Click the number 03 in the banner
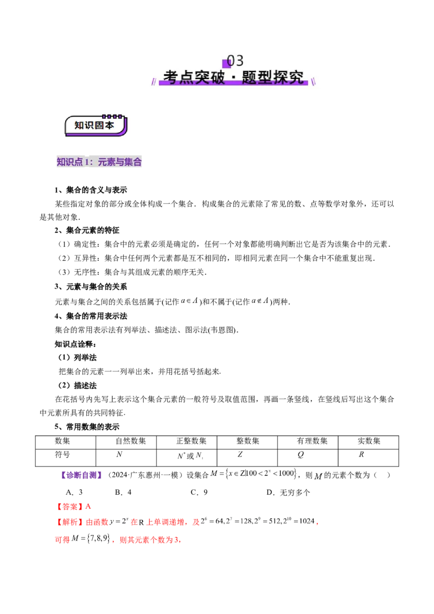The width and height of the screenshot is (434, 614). (235, 60)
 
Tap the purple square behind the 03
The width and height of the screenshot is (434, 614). (227, 63)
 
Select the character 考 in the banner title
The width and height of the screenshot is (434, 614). (170, 77)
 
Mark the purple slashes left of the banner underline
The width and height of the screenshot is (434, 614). (154, 82)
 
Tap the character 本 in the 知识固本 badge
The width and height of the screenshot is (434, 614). (110, 125)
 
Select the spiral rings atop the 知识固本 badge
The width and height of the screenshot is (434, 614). (112, 116)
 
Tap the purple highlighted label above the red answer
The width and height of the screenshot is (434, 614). (82, 476)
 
